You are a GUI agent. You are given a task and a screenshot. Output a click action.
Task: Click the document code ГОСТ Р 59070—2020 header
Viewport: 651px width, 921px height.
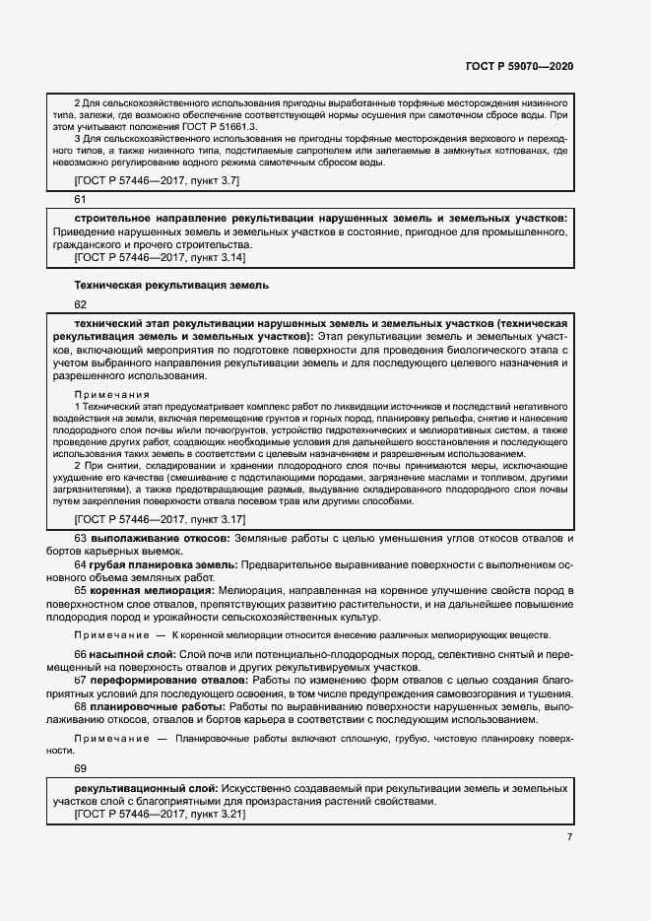519,66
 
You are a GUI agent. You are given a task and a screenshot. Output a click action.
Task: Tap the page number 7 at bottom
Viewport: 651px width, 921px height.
568,837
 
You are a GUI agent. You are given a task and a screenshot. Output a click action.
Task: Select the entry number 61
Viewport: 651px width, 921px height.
81,200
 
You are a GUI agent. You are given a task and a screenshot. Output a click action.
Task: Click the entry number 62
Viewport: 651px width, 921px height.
81,304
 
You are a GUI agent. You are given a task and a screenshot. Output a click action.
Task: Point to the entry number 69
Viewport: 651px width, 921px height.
81,767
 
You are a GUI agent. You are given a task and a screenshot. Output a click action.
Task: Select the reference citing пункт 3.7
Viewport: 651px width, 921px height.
157,180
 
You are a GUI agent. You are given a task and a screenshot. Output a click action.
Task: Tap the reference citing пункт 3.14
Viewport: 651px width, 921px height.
160,257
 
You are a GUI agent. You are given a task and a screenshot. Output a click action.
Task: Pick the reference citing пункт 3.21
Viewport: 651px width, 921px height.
160,816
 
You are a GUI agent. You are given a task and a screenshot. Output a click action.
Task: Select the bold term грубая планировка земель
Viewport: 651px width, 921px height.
163,564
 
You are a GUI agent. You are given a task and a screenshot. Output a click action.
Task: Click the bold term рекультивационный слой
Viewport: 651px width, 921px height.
146,789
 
